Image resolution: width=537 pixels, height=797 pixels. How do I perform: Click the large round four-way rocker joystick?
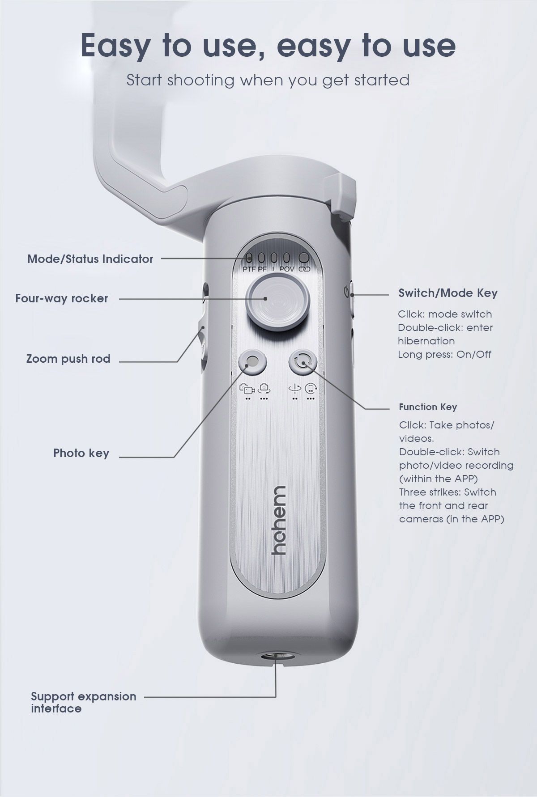(278, 302)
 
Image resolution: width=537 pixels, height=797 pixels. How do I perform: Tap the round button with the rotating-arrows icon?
(303, 361)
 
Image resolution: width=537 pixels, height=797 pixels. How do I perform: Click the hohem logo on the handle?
(278, 520)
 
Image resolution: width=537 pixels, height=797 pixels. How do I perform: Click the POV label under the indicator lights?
(287, 269)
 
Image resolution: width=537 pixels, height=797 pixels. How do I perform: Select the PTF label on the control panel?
(249, 269)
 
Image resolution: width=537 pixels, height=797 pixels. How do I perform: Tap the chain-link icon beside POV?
(304, 269)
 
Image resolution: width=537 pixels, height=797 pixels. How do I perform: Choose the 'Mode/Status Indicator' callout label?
(90, 259)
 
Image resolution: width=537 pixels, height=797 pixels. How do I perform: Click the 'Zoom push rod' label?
(68, 359)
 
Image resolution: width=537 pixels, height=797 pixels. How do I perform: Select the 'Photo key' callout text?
(81, 453)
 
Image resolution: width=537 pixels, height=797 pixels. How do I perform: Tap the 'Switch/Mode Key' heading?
(448, 293)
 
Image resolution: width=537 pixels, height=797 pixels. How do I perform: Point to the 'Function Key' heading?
(428, 407)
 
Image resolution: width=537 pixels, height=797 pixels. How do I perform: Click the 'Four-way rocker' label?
(62, 298)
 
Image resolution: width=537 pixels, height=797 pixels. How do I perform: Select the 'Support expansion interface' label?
(83, 702)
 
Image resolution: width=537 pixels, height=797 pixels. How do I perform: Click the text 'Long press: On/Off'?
(444, 355)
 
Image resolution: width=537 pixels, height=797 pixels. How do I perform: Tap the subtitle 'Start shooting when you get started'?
(268, 80)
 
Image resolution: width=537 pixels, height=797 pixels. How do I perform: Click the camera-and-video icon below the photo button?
(247, 389)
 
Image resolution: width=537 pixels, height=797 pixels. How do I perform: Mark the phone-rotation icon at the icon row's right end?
(311, 389)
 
